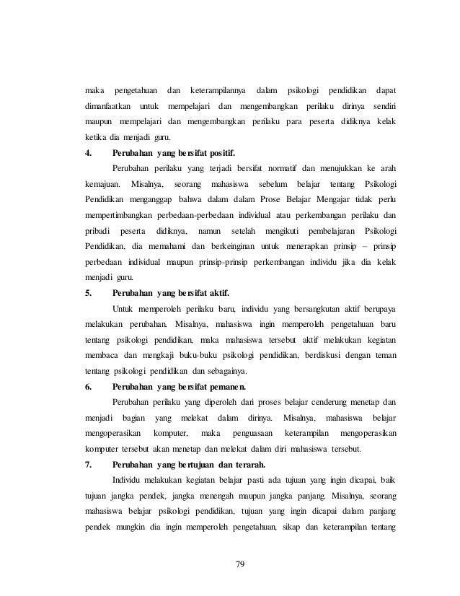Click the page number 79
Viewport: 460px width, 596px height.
click(x=240, y=563)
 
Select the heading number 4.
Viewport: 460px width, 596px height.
click(x=87, y=153)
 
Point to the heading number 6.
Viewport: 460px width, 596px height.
click(x=87, y=386)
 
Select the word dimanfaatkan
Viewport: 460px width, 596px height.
click(x=107, y=106)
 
